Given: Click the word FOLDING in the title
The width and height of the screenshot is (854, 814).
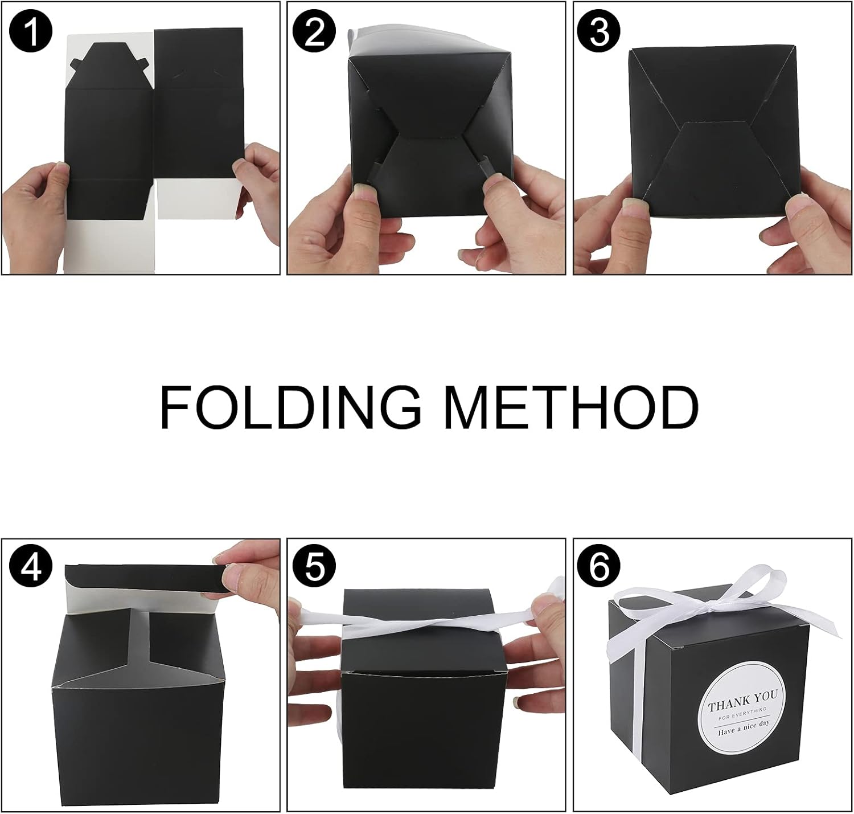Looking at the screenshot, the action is click(290, 408).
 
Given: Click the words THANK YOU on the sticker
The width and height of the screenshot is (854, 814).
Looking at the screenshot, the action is click(742, 703).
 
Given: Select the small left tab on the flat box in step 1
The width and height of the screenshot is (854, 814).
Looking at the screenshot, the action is click(76, 63).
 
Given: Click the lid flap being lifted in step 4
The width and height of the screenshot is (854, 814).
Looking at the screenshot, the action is click(146, 576).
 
